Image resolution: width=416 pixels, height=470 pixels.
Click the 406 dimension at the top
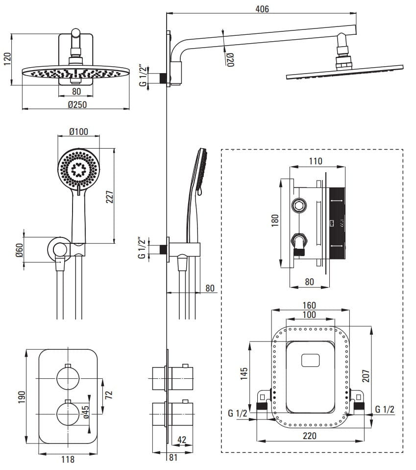[x=262, y=9]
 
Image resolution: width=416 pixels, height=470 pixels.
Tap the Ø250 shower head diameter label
[x=77, y=104]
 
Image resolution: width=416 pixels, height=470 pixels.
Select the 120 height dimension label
[x=6, y=59]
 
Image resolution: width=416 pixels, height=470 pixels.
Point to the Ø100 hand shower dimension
[x=78, y=132]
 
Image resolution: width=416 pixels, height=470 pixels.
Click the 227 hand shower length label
[x=110, y=196]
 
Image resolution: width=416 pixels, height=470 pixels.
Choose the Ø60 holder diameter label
[x=19, y=251]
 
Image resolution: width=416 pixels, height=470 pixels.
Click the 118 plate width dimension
[x=68, y=459]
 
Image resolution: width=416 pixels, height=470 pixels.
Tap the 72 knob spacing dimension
[x=109, y=393]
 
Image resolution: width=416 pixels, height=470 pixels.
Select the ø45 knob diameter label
[x=86, y=411]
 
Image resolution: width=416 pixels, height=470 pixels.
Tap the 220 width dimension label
[x=309, y=435]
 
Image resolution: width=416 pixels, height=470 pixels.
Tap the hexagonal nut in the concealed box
[x=299, y=205]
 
